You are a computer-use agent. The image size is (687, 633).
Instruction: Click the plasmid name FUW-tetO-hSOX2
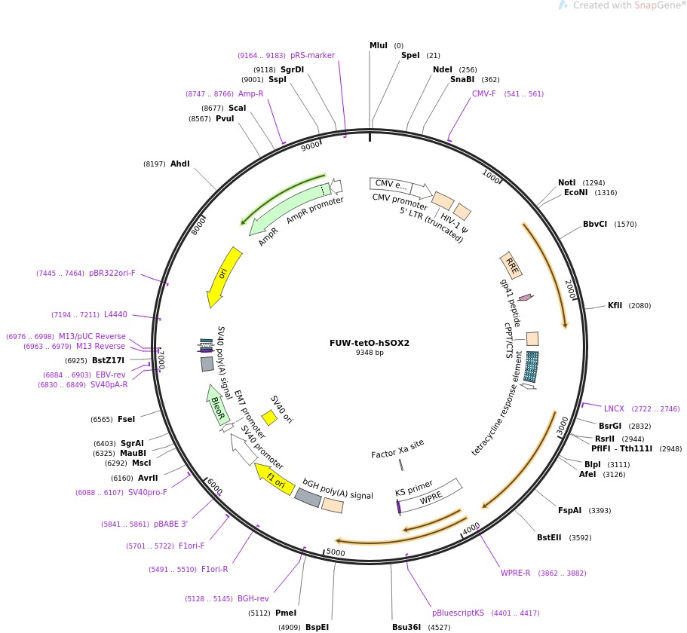pyautogui.click(x=369, y=342)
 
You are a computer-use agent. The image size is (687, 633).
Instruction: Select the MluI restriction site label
pyautogui.click(x=378, y=45)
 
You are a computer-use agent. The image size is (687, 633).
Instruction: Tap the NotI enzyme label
pyautogui.click(x=566, y=182)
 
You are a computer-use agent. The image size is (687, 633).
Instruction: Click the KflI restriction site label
pyautogui.click(x=615, y=305)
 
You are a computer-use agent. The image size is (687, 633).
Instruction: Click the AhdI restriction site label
pyautogui.click(x=180, y=164)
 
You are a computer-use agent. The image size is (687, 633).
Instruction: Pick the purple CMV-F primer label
pyautogui.click(x=483, y=93)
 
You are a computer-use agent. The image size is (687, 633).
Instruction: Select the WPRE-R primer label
pyautogui.click(x=516, y=573)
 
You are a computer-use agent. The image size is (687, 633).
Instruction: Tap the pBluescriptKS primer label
pyautogui.click(x=458, y=613)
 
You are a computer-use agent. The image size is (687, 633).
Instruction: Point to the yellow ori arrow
pyautogui.click(x=224, y=276)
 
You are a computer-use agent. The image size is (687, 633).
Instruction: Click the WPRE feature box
pyautogui.click(x=431, y=496)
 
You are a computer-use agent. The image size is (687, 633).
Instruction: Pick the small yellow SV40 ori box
pyautogui.click(x=268, y=417)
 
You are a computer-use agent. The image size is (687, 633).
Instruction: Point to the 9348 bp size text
pyautogui.click(x=369, y=353)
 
